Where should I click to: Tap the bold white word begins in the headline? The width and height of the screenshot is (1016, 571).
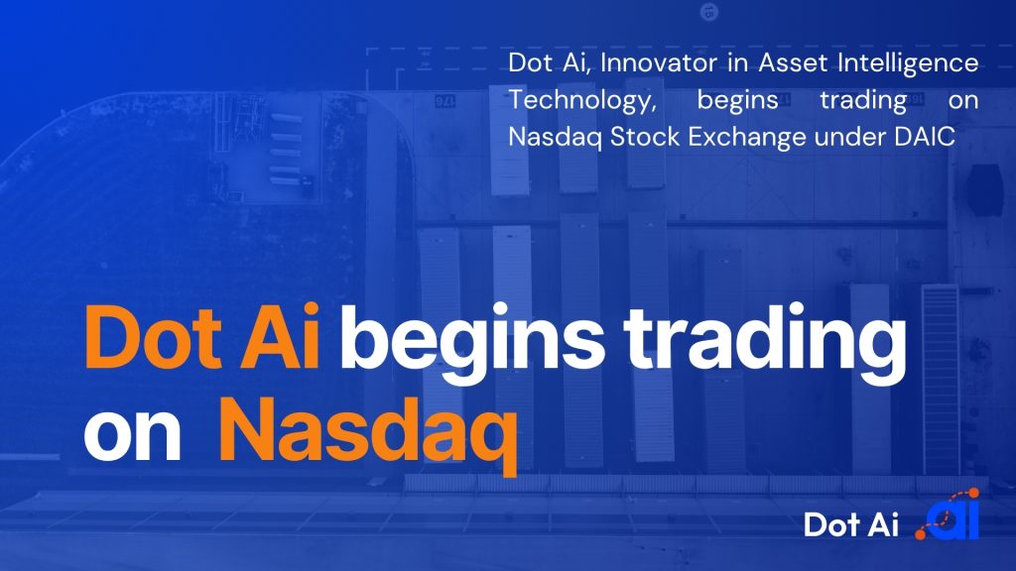(472, 343)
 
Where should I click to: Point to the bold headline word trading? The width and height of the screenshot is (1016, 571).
(765, 343)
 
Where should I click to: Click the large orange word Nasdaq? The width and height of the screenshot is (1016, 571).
(368, 430)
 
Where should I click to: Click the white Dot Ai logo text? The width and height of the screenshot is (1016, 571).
(850, 523)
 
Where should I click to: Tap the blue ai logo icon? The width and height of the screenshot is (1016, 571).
(948, 514)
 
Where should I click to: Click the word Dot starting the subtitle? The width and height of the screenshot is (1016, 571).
(530, 62)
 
